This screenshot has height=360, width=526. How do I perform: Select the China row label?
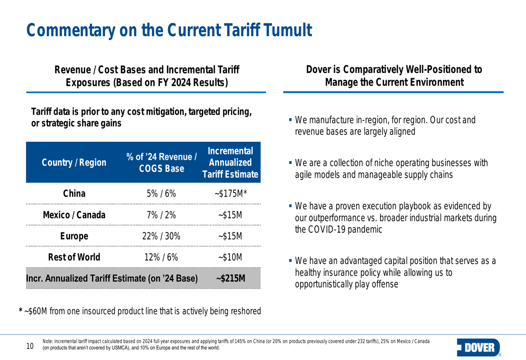click(74, 193)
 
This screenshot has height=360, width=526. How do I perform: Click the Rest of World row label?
click(74, 258)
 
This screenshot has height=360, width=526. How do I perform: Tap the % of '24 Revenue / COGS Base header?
click(161, 162)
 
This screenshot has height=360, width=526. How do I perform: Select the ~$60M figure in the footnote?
click(35, 311)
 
